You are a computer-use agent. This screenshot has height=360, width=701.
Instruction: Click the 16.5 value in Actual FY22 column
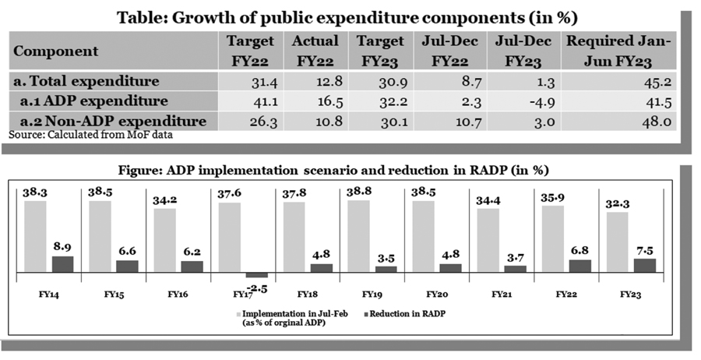(x=315, y=101)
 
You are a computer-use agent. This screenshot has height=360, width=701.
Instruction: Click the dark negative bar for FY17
(x=256, y=275)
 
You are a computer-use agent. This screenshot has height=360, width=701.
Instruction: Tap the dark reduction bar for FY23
(x=644, y=266)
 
